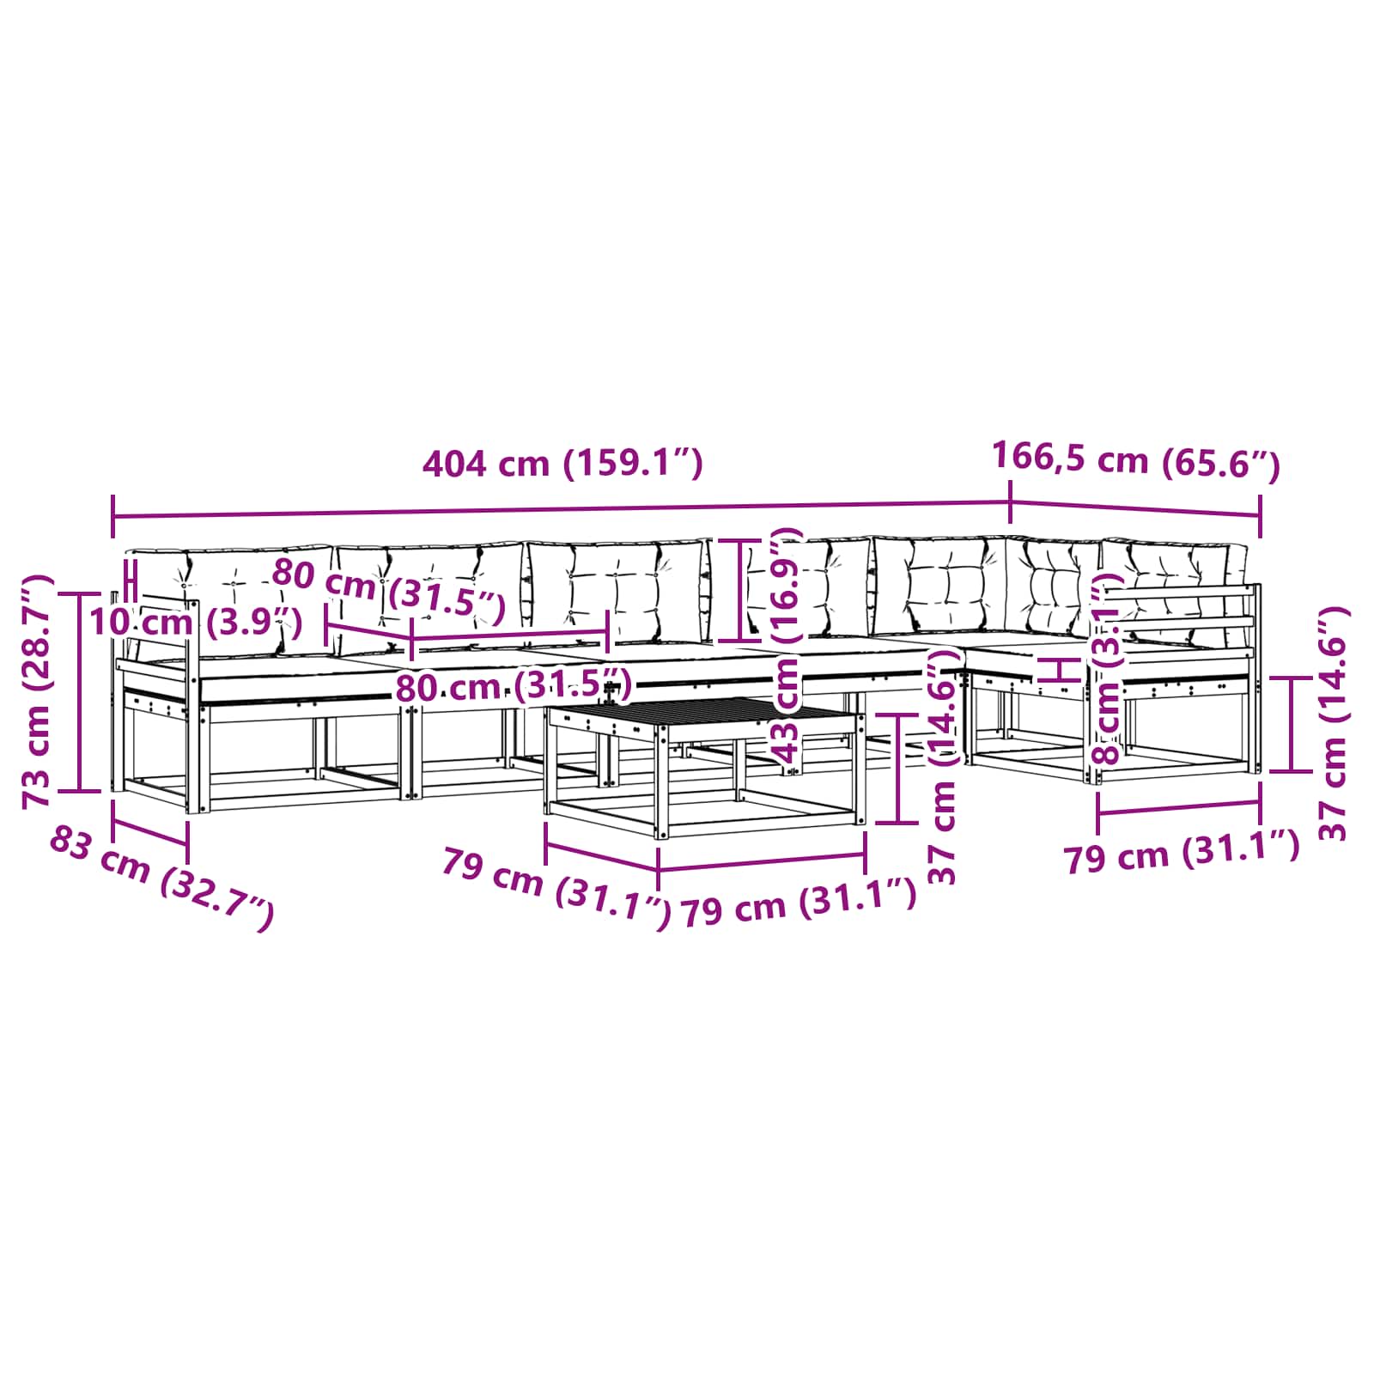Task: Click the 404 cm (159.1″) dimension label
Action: tap(562, 464)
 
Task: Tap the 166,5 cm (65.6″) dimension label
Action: tap(1136, 460)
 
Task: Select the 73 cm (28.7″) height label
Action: tap(38, 692)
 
